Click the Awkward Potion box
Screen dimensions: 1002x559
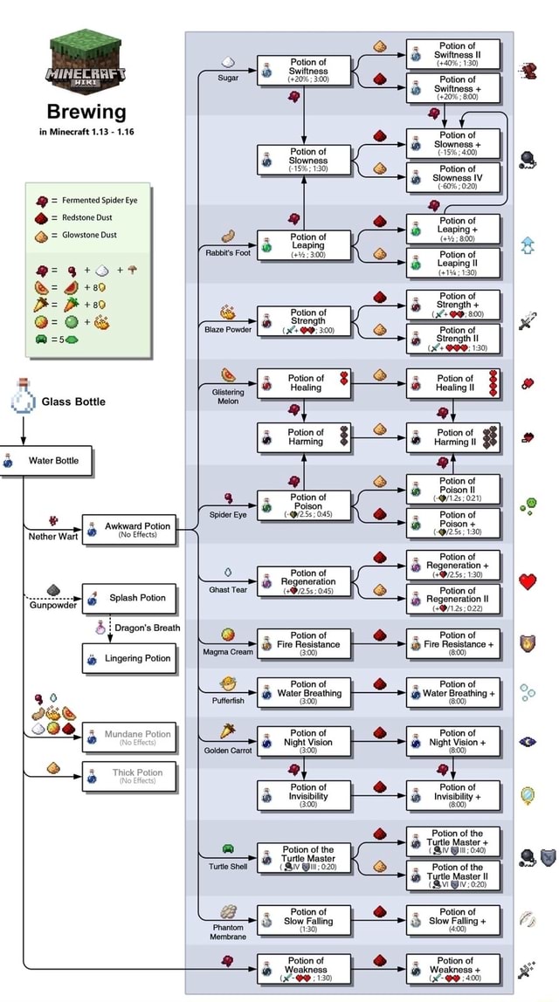(x=131, y=530)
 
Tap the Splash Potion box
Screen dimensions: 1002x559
(x=131, y=598)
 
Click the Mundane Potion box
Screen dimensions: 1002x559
(x=131, y=738)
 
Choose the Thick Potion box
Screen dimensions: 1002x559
(x=131, y=776)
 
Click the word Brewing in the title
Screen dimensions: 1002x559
(x=86, y=112)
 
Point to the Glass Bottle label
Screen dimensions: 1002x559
(x=73, y=401)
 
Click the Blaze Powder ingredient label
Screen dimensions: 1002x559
(x=228, y=330)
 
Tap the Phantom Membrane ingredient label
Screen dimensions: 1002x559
(x=228, y=932)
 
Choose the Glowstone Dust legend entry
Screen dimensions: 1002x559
(x=86, y=235)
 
